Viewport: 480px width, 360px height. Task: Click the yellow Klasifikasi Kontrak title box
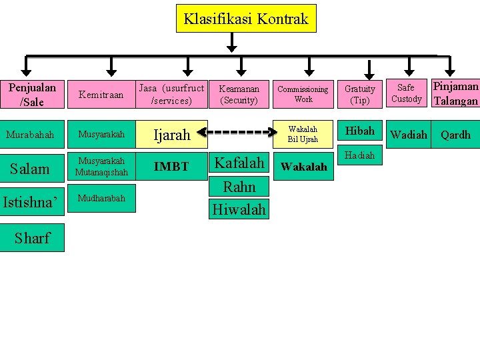point(246,19)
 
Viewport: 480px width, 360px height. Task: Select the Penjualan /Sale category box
point(32,95)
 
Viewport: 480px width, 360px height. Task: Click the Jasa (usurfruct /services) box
point(171,94)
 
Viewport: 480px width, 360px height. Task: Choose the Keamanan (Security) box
point(239,94)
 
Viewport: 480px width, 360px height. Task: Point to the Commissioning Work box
point(303,94)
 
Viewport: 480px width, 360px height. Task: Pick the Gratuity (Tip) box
point(360,94)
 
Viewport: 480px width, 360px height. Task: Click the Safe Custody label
point(407,93)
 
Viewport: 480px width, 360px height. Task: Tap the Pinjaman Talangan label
point(455,94)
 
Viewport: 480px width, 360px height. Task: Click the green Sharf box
point(32,238)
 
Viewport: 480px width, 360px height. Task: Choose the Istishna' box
point(32,202)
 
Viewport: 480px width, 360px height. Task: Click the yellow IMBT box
point(171,167)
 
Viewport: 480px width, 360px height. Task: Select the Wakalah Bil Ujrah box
point(303,134)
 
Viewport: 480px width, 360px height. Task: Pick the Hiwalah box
point(239,209)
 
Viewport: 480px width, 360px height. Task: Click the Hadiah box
point(360,155)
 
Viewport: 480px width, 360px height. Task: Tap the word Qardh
point(456,135)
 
